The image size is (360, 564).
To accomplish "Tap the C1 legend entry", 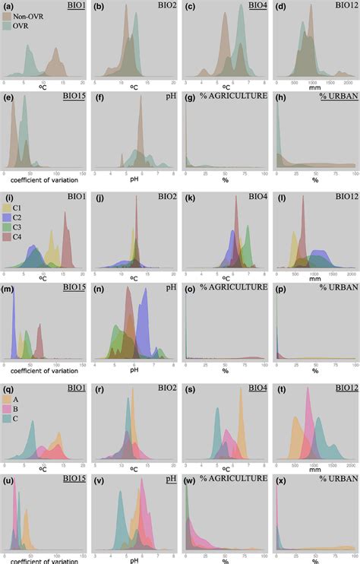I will click(x=8, y=206).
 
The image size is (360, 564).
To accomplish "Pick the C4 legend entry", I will click(x=8, y=236).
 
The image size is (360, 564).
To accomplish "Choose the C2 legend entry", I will click(x=8, y=216).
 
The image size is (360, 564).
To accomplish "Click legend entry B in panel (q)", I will click(x=8, y=407).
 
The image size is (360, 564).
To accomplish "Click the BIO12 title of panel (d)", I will click(x=343, y=6).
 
